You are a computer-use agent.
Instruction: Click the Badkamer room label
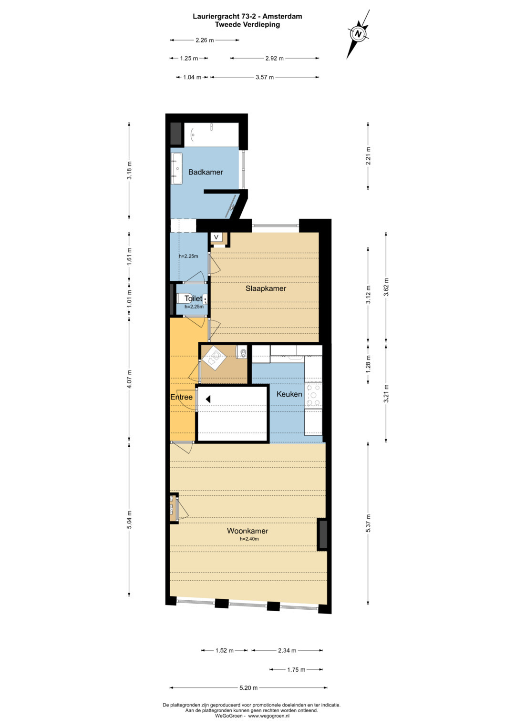[206, 172]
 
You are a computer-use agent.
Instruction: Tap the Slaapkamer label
[266, 288]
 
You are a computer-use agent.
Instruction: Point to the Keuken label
[289, 394]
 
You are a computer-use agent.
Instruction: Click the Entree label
[181, 397]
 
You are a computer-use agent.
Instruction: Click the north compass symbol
[358, 34]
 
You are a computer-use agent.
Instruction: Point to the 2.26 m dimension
[205, 41]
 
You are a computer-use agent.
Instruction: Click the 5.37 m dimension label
[368, 523]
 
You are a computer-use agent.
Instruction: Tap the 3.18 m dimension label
[129, 170]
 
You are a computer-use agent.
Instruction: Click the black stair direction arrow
[208, 399]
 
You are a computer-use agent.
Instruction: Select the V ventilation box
[216, 237]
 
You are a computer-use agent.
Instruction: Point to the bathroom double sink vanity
[176, 169]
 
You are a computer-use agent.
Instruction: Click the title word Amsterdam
[282, 16]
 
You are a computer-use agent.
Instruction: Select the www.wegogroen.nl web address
[269, 716]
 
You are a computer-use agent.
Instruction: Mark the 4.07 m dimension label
[129, 379]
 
